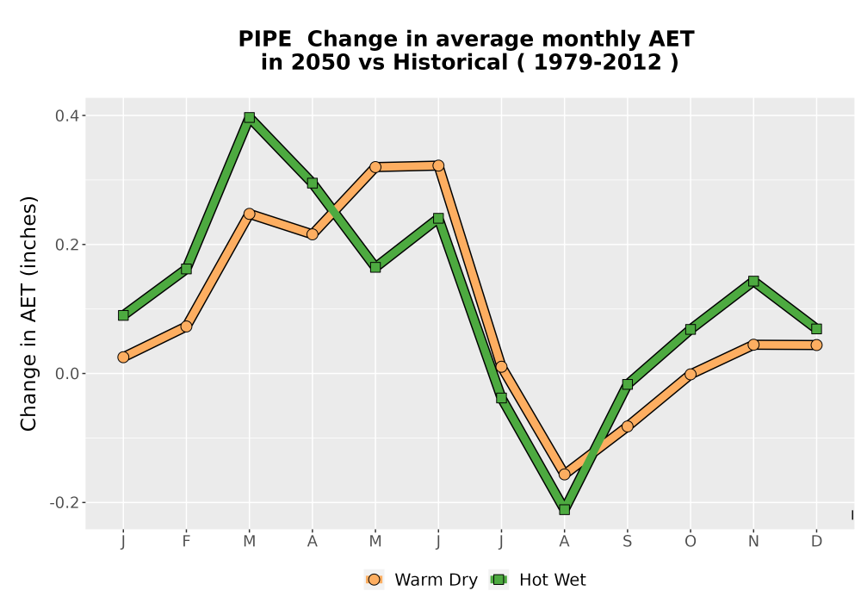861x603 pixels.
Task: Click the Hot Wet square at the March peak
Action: [x=250, y=117]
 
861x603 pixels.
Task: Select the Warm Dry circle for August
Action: [x=564, y=474]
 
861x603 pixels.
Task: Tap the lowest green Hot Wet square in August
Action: [x=564, y=510]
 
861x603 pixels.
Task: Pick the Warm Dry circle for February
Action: [x=186, y=326]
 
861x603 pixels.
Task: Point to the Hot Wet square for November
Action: [x=753, y=281]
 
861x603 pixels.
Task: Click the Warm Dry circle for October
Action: [x=691, y=374]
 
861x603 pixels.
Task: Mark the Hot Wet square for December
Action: [x=816, y=329]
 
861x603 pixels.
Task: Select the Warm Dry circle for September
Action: [x=627, y=426]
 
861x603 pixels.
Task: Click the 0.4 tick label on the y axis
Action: [x=66, y=116]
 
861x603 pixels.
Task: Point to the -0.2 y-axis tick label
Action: [x=65, y=502]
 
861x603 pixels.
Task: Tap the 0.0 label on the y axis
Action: [x=66, y=374]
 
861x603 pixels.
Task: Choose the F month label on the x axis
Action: [x=186, y=542]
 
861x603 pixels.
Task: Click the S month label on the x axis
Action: [x=627, y=542]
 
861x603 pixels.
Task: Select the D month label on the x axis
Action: [x=816, y=542]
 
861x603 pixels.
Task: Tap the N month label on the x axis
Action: [x=753, y=542]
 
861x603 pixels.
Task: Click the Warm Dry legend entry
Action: [x=421, y=580]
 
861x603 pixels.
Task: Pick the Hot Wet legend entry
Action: [x=537, y=580]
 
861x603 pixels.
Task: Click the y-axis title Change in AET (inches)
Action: [x=28, y=313]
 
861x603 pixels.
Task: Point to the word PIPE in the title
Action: [x=264, y=40]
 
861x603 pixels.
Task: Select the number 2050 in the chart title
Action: [x=320, y=63]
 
